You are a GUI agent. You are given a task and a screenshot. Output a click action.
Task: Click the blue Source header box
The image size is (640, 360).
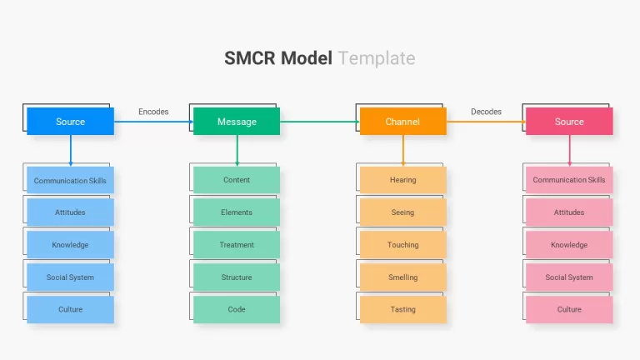point(70,121)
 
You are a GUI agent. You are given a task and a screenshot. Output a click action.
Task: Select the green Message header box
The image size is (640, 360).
point(237,121)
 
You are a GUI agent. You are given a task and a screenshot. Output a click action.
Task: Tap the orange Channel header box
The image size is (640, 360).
point(402,121)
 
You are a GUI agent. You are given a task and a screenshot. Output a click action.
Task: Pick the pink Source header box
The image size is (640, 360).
point(569,121)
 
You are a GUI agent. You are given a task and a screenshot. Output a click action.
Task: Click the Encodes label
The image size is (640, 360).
point(153,112)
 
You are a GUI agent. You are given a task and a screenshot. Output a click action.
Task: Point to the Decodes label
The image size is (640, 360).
point(486,112)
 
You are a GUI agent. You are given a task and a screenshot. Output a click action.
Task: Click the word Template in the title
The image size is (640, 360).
point(377,58)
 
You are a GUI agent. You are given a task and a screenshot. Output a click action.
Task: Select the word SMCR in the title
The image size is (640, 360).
point(250,58)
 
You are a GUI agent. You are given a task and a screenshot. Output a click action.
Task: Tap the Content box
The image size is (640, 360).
point(237,180)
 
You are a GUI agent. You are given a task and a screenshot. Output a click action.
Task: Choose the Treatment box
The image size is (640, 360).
point(237,245)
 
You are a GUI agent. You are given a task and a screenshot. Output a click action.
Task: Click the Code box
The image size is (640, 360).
point(237,309)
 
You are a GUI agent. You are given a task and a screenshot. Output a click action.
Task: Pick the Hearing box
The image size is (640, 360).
point(402,180)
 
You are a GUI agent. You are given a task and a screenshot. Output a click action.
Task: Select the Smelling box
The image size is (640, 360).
point(402,277)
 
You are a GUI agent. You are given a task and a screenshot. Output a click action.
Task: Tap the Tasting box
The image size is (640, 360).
point(402,309)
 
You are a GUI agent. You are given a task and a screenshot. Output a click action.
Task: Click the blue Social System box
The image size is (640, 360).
point(70,277)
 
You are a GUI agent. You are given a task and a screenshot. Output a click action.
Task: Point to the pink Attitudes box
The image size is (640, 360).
point(569,212)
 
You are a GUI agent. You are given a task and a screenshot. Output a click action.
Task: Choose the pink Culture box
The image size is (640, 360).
point(569,309)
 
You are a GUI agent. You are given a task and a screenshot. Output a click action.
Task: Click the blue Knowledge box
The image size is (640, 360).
point(70,245)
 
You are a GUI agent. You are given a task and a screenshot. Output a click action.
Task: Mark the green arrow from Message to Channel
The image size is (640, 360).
point(320,122)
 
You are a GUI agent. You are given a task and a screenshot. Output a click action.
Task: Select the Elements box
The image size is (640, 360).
point(237,212)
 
